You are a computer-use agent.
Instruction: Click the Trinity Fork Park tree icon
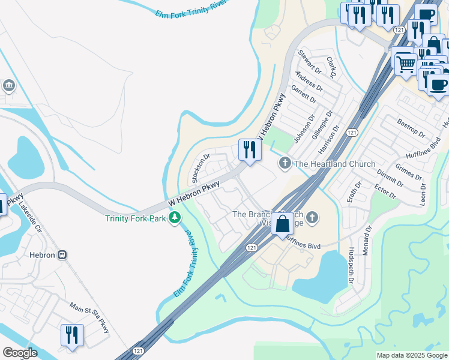(x=175, y=218)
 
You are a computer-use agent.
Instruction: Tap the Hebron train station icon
(x=62, y=255)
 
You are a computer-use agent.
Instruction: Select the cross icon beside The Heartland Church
(x=285, y=163)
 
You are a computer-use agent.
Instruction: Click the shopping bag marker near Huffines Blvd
(x=282, y=224)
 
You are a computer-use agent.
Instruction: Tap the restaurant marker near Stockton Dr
(x=249, y=150)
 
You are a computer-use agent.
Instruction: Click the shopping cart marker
(x=406, y=63)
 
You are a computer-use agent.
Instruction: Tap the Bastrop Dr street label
(x=411, y=127)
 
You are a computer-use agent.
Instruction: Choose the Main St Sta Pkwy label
(x=90, y=317)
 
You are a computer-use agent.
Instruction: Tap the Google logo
(x=20, y=353)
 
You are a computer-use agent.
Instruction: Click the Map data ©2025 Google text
(x=411, y=355)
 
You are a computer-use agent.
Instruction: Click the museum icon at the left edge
(x=8, y=85)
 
